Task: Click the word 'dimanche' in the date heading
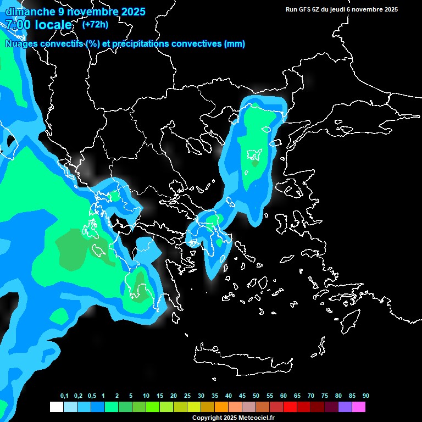click(30, 11)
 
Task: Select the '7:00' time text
click(18, 25)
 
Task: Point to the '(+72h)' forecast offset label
click(95, 24)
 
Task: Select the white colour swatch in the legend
click(56, 407)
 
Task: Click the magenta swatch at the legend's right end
click(359, 407)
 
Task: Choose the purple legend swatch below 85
click(345, 407)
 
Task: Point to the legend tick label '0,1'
click(64, 396)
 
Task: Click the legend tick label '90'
click(365, 396)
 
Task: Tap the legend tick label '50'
click(256, 396)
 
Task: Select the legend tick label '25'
click(187, 396)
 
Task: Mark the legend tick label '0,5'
click(91, 396)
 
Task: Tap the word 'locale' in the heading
click(53, 25)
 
